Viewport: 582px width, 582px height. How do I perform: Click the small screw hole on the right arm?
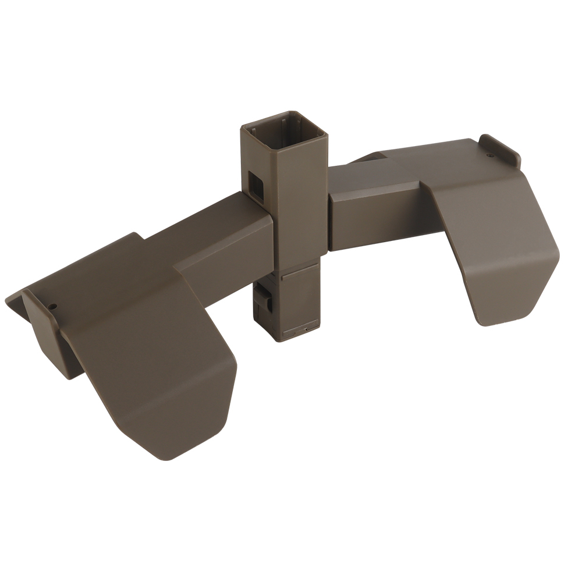[x=489, y=155]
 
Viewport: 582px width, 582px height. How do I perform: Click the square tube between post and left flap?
[x=227, y=233]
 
